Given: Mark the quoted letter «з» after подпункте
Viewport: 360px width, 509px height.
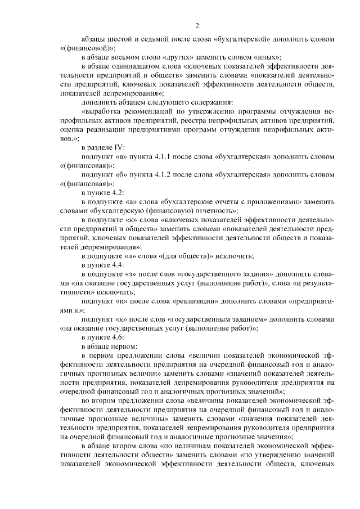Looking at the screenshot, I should pos(131,273).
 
